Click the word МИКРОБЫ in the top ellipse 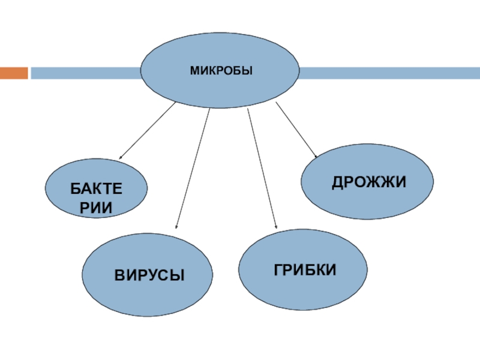coord(221,71)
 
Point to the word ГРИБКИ coord(305,269)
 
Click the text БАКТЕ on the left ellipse coord(96,190)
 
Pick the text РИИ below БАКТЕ coord(96,208)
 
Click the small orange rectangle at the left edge coord(14,73)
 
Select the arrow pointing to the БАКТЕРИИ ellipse coord(148,130)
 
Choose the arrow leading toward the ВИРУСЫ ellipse coord(193,168)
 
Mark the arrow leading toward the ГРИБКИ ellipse coord(262,168)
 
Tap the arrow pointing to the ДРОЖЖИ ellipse coord(296,130)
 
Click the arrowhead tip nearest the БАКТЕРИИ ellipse coord(119,158)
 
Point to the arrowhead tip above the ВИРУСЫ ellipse coord(176,227)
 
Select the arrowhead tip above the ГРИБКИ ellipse coord(276,227)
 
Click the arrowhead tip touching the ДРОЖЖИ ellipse coord(316,158)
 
